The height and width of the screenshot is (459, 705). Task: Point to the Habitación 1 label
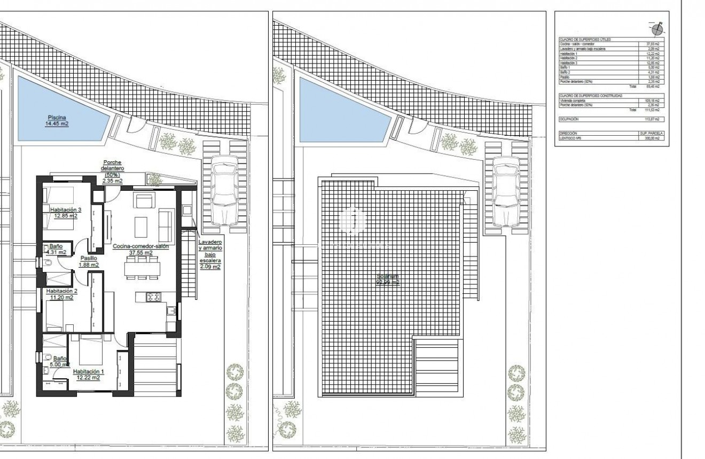tap(87, 374)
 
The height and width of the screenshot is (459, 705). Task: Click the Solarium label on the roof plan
tap(388, 279)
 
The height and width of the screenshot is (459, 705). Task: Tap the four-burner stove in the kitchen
tap(153, 297)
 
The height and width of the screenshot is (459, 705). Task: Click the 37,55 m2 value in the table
tap(653, 44)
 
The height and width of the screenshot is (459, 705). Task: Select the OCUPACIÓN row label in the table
tap(569, 119)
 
